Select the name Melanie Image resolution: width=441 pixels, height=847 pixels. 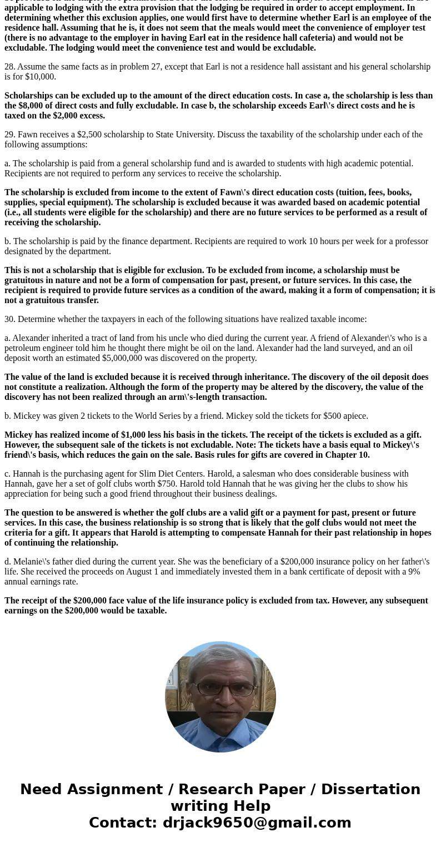(x=30, y=562)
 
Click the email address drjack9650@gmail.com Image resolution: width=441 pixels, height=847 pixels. (x=257, y=823)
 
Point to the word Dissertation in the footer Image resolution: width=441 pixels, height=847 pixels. (x=370, y=789)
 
